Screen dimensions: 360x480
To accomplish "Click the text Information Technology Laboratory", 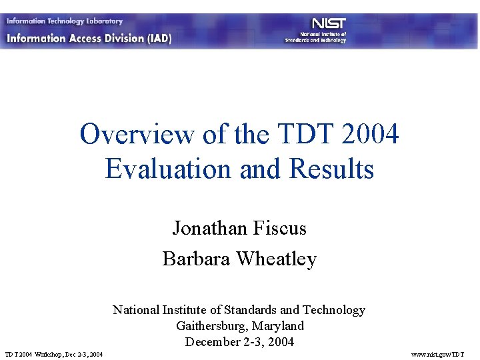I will (x=65, y=21).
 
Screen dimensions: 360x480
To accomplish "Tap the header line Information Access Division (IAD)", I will (x=89, y=38).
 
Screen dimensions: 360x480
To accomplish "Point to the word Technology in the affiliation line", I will (x=333, y=310).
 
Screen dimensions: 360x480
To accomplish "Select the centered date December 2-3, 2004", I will (x=239, y=342).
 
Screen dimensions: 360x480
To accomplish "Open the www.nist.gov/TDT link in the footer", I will (x=437, y=353).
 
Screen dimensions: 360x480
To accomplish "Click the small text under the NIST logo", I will (x=315, y=37).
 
